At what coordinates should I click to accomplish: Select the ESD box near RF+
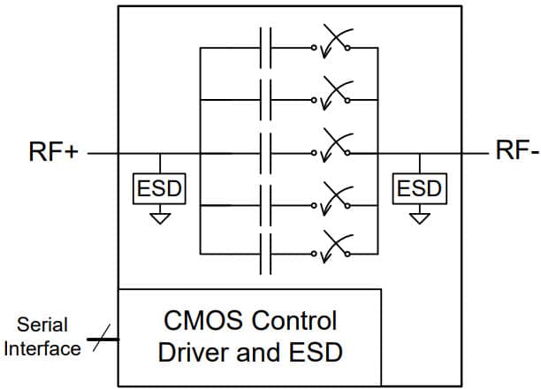pyautogui.click(x=160, y=188)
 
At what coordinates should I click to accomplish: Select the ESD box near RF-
pyautogui.click(x=419, y=188)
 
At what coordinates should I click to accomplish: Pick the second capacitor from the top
pyautogui.click(x=265, y=100)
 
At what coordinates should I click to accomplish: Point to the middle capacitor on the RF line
pyautogui.click(x=265, y=152)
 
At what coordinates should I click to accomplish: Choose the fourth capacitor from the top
pyautogui.click(x=265, y=204)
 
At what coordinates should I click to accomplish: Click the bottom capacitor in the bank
pyautogui.click(x=265, y=256)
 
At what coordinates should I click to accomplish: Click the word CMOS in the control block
pyautogui.click(x=200, y=320)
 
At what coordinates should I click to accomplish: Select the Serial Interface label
pyautogui.click(x=42, y=336)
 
